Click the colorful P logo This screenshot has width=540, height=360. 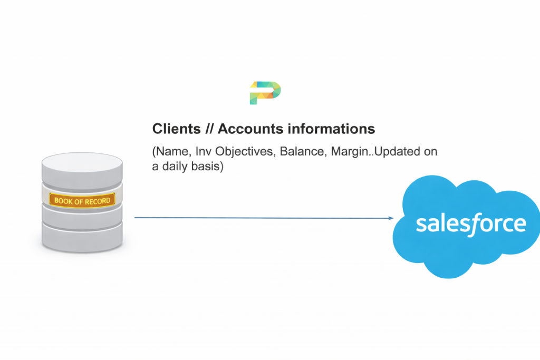265,93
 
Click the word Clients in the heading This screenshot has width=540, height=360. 176,129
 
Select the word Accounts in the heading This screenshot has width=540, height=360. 250,129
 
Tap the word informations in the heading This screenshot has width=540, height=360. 331,129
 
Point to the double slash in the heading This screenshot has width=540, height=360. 209,129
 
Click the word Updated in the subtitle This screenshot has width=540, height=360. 397,152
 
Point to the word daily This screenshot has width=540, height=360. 175,167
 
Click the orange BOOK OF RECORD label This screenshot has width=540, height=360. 82,200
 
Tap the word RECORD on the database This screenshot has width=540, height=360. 97,201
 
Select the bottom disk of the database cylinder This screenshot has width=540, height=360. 82,238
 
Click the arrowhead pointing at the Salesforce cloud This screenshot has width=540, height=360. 391,218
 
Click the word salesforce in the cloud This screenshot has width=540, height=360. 471,223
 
